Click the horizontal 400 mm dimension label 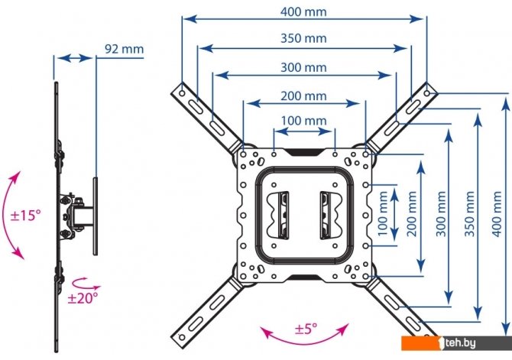click(x=303, y=11)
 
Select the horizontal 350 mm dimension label click(x=303, y=38)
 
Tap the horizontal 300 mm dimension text click(x=303, y=67)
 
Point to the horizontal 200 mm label click(x=303, y=96)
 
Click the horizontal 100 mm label click(x=303, y=121)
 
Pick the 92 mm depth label click(x=124, y=49)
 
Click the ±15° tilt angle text click(x=26, y=216)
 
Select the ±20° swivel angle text click(x=83, y=297)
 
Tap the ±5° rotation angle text click(x=306, y=329)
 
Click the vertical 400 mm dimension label click(x=496, y=214)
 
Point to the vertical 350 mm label click(x=469, y=214)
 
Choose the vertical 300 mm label click(x=441, y=214)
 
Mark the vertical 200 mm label click(x=412, y=214)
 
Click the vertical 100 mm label click(x=382, y=214)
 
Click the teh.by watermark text click(x=460, y=342)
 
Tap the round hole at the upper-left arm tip click(x=182, y=93)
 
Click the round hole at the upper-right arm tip click(x=426, y=93)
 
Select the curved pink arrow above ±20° click(x=86, y=284)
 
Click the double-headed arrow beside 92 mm click(x=75, y=59)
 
